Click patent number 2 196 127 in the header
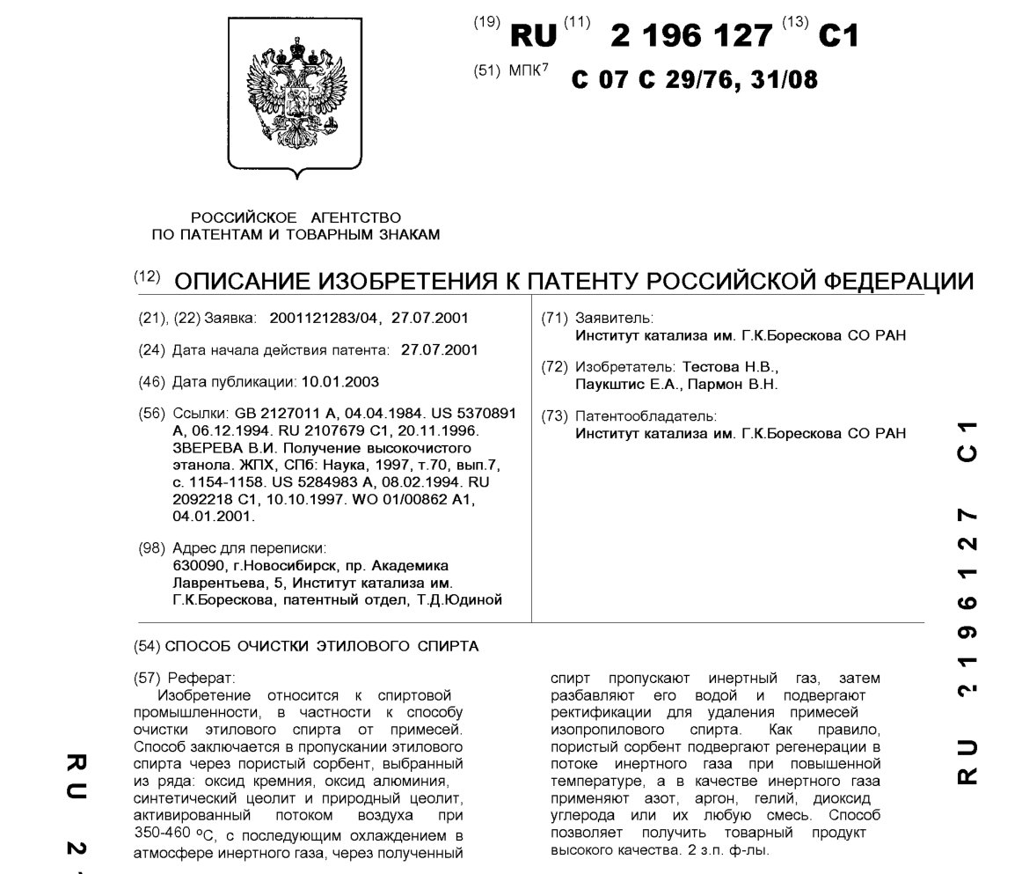point(691,35)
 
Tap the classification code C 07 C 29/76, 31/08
point(694,80)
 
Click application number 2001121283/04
point(319,318)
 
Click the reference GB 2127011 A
point(288,413)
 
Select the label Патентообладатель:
point(646,415)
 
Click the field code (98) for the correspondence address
point(152,547)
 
